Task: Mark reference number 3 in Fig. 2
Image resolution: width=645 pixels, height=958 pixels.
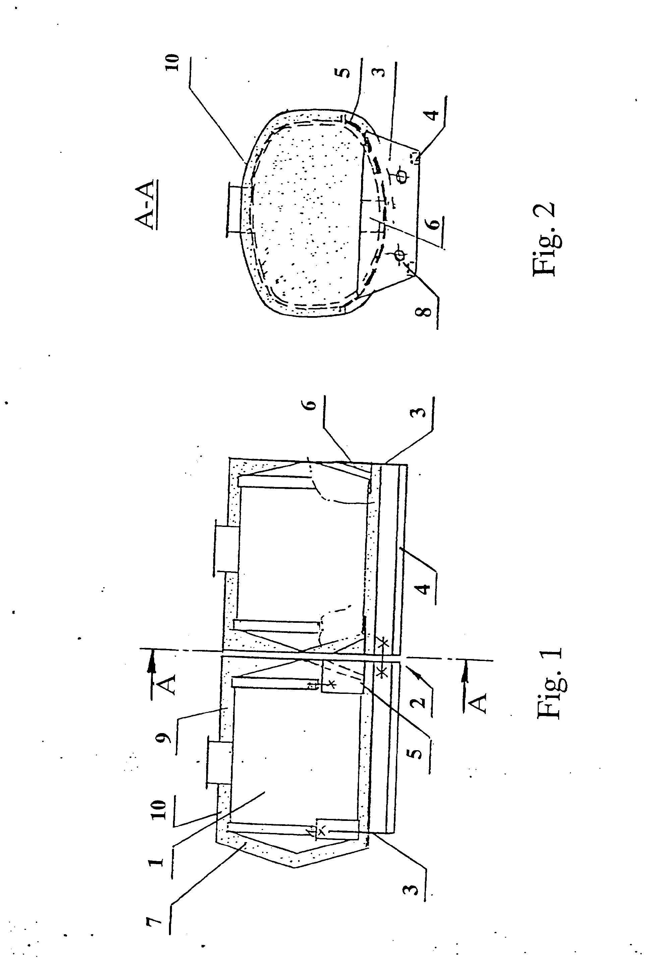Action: pyautogui.click(x=380, y=71)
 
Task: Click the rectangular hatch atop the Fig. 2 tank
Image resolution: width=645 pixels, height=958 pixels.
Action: pyautogui.click(x=236, y=210)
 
